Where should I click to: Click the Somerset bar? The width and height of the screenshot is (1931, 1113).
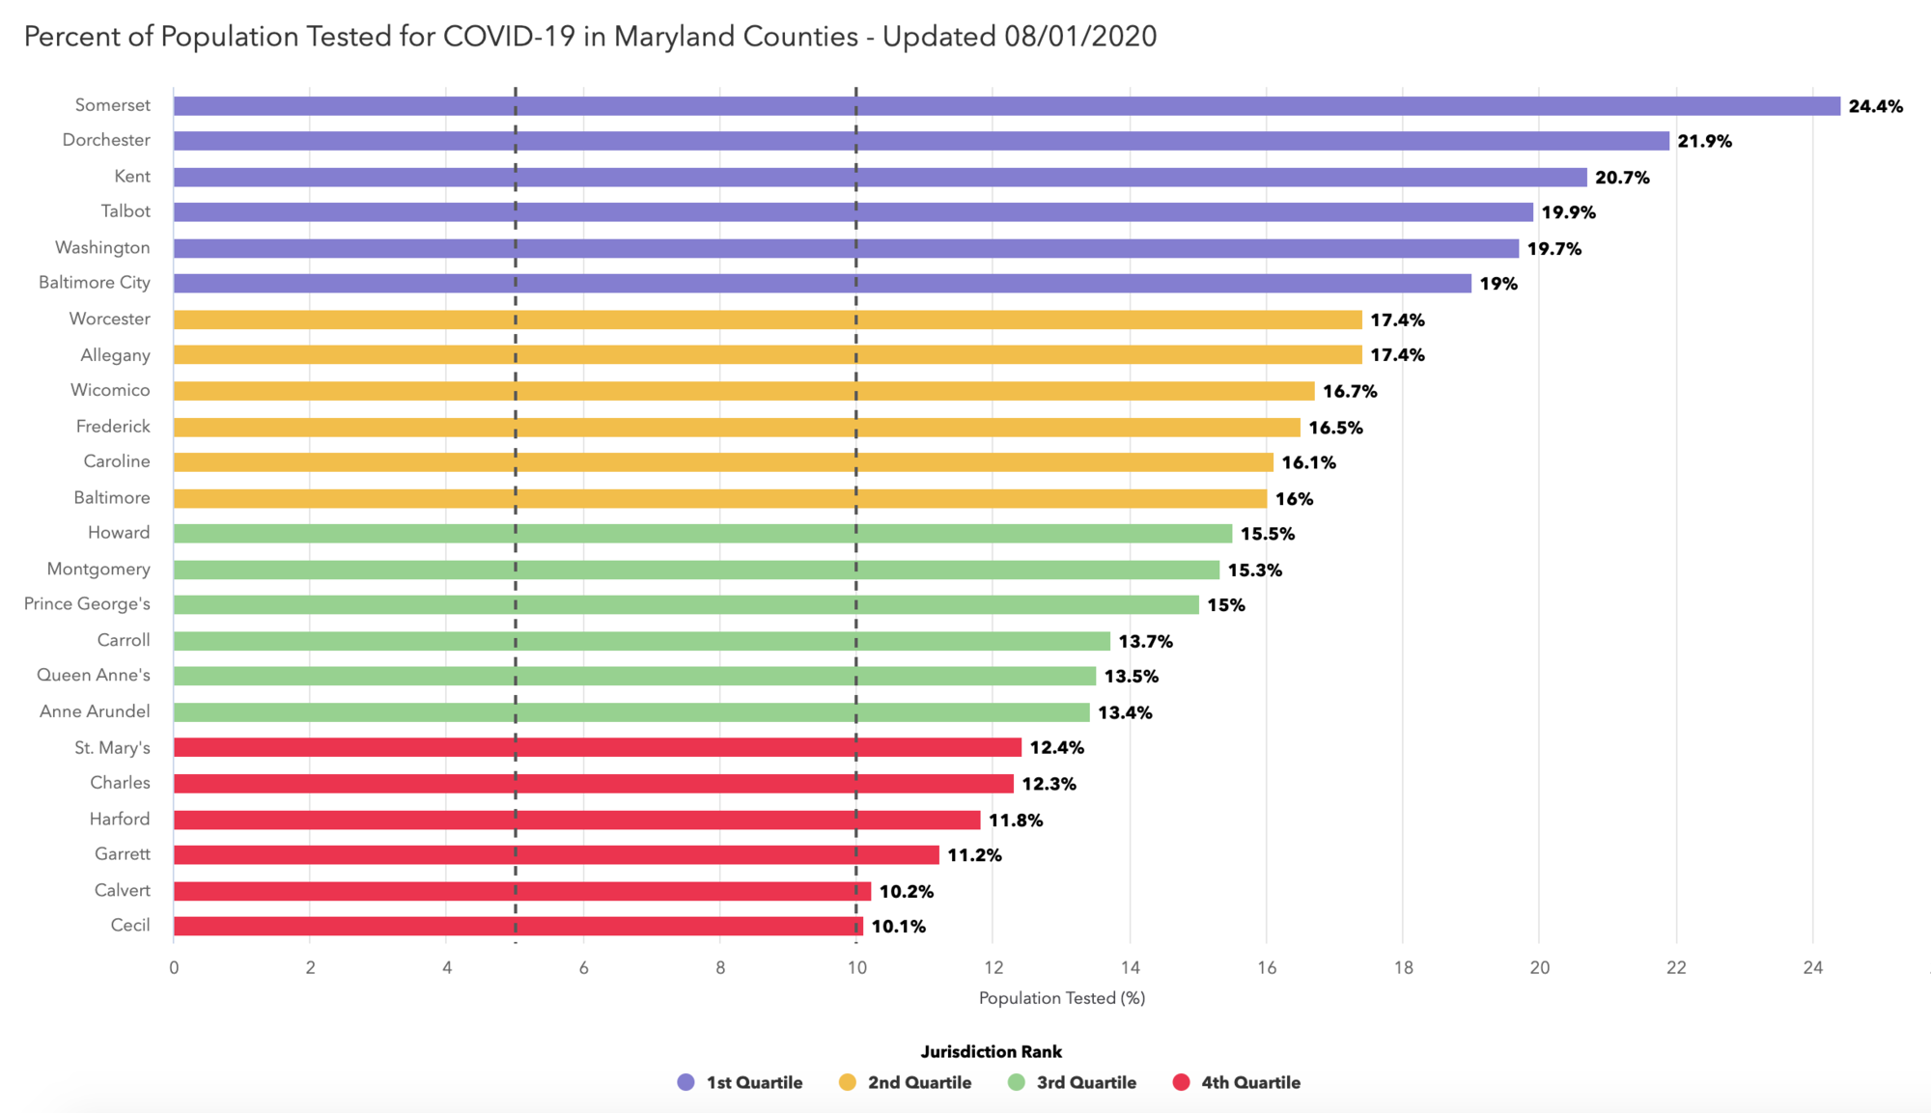(1006, 106)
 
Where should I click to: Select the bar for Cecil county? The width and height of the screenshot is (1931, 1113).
(517, 926)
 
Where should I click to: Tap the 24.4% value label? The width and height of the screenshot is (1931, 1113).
(1875, 106)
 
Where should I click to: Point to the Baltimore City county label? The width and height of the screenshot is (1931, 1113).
(95, 283)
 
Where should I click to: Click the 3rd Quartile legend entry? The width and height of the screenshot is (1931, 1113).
(1085, 1082)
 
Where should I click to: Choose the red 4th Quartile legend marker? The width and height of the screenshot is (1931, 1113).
(1181, 1082)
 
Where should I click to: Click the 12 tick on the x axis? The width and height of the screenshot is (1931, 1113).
(993, 967)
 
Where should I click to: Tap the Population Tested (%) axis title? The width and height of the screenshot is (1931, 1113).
(1062, 998)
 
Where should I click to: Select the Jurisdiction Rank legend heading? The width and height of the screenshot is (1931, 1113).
(991, 1051)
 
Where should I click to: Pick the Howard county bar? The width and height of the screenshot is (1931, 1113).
(702, 534)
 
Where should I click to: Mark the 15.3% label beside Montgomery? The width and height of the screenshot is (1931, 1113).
(1254, 570)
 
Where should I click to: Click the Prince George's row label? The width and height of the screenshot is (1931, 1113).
(87, 604)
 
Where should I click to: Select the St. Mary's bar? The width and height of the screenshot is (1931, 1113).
(597, 747)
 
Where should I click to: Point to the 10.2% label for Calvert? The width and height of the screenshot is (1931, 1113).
(906, 891)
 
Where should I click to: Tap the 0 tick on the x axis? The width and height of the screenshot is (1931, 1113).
(174, 967)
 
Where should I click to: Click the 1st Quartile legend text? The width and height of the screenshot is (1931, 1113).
(754, 1082)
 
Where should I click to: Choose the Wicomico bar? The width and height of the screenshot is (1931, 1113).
(743, 391)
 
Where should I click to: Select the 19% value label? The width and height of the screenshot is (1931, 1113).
(1498, 284)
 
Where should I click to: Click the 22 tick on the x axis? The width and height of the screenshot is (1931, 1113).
(1676, 967)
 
